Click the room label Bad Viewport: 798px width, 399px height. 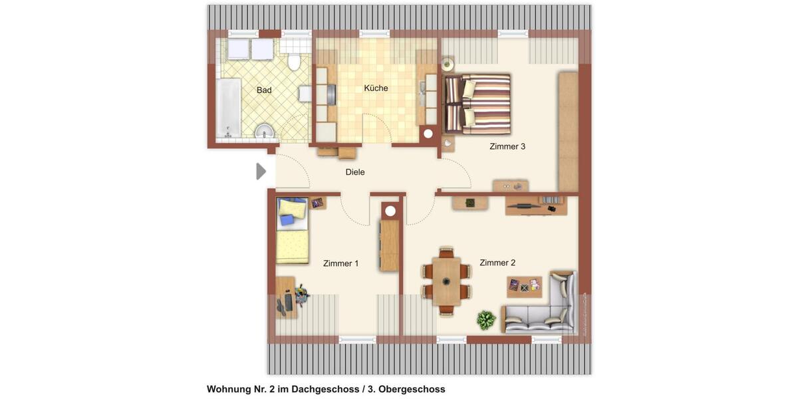coord(264,90)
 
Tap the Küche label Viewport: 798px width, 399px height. coord(376,88)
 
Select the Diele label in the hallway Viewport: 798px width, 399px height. coord(355,172)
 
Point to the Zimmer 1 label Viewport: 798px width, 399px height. coord(340,263)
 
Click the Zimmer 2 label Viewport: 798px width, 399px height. coord(497,263)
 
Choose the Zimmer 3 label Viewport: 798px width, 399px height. coord(507,146)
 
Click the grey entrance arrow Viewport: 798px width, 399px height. coord(261,172)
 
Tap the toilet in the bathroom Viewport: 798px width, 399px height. coord(293,63)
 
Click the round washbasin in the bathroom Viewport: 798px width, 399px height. coord(265,131)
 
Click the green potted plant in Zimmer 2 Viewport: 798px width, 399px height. coord(486,320)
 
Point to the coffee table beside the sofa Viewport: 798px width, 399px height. coord(524,287)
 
